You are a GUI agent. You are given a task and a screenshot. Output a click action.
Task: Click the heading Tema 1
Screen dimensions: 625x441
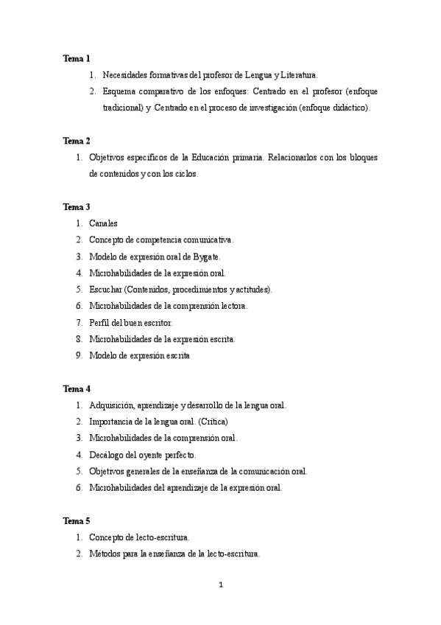pos(77,57)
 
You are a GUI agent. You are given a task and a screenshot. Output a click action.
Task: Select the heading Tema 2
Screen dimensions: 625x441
pos(77,140)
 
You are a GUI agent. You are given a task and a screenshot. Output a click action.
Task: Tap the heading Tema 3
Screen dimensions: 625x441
pos(77,206)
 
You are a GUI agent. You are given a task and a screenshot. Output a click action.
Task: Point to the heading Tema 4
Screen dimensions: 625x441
pos(77,388)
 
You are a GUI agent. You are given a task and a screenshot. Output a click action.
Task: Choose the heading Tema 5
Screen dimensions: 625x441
pos(77,520)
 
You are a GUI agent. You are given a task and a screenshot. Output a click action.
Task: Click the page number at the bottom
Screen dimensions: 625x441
pos(220,586)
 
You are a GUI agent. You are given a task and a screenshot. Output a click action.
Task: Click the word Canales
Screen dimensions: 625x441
pos(104,223)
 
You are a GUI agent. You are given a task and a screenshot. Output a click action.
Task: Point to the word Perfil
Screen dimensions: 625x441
pos(100,323)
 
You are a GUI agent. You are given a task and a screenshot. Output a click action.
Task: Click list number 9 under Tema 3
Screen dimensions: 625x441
pos(78,355)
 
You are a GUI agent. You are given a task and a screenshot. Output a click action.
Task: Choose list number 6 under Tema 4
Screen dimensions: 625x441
pos(78,487)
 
